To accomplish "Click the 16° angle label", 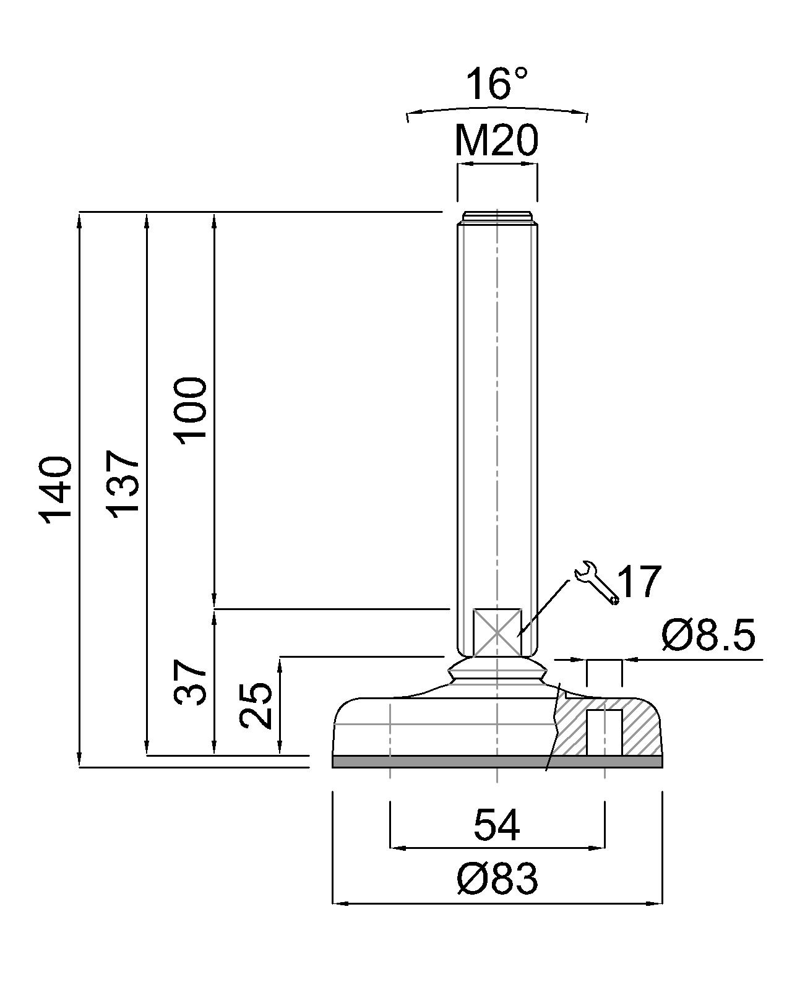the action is [x=497, y=84].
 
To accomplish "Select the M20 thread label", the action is [x=496, y=141].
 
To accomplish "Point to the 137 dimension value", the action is [x=123, y=484].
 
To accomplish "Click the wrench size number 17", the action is [x=639, y=582].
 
